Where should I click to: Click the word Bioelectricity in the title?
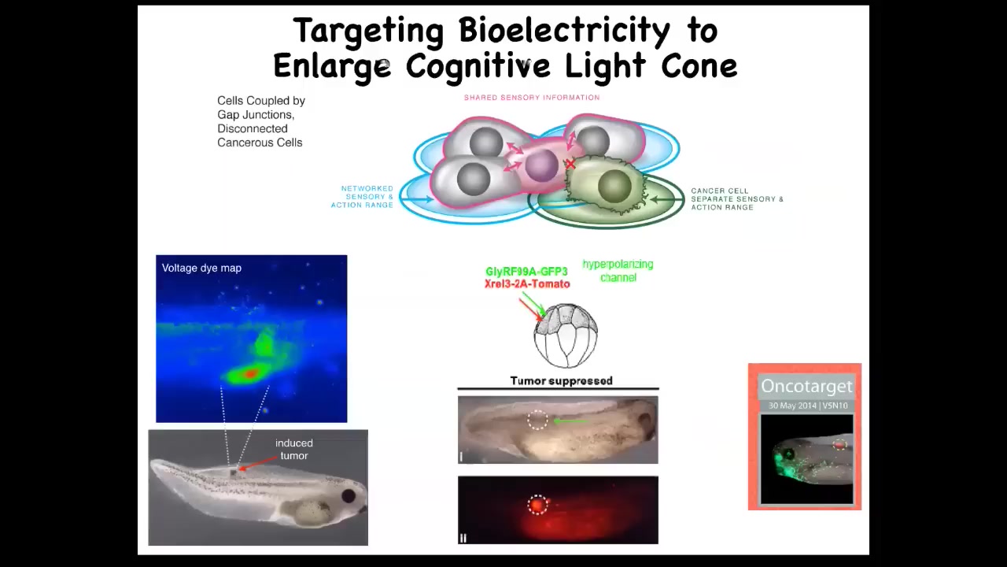click(x=564, y=31)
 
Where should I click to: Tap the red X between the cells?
click(x=570, y=165)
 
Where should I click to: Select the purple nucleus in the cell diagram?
click(x=542, y=165)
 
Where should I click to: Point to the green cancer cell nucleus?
click(x=614, y=187)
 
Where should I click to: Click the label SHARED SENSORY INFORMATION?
click(x=532, y=97)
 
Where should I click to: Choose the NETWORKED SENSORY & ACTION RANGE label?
click(x=363, y=197)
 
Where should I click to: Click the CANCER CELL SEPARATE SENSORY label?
click(x=737, y=199)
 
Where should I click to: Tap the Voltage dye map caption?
click(x=201, y=269)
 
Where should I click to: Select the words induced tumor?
click(x=294, y=449)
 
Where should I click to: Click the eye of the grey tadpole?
click(x=349, y=496)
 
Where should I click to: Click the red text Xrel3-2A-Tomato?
click(x=527, y=283)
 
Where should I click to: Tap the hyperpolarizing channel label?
click(x=618, y=270)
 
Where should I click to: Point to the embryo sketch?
click(x=566, y=335)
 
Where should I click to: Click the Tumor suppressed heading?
click(x=562, y=380)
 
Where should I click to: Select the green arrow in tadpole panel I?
click(x=570, y=421)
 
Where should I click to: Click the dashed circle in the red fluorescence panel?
click(x=537, y=505)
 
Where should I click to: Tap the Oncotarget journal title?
click(x=806, y=386)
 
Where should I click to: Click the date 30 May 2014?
click(x=792, y=406)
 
